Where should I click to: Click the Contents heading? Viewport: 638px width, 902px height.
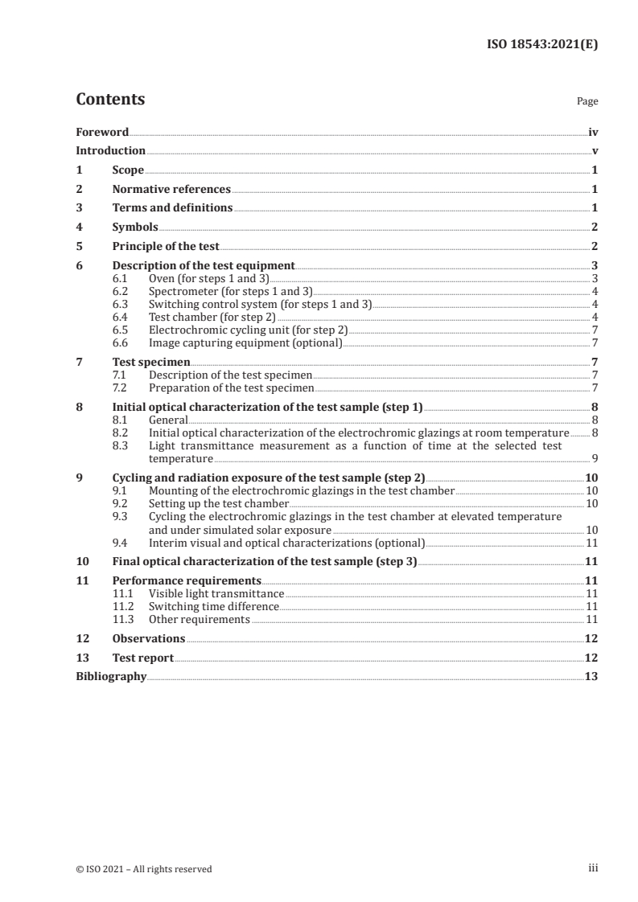pyautogui.click(x=110, y=100)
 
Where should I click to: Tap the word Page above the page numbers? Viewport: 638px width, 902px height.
pyautogui.click(x=587, y=102)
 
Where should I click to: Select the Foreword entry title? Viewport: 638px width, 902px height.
pyautogui.click(x=102, y=132)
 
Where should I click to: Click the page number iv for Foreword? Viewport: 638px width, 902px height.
pyautogui.click(x=593, y=132)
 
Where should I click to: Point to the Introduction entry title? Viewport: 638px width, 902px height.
pyautogui.click(x=110, y=151)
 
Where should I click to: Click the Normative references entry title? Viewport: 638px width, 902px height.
pyautogui.click(x=171, y=190)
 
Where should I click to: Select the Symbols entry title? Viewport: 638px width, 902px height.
pyautogui.click(x=135, y=228)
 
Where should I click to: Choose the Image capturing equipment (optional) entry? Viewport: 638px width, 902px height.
pyautogui.click(x=245, y=342)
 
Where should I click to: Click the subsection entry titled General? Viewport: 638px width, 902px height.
pyautogui.click(x=168, y=420)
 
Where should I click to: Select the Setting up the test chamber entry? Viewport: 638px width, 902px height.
pyautogui.click(x=219, y=503)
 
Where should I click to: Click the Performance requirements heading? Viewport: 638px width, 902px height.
pyautogui.click(x=187, y=580)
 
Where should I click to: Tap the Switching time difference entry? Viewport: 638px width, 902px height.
pyautogui.click(x=214, y=606)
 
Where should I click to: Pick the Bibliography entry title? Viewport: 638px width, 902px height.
pyautogui.click(x=111, y=677)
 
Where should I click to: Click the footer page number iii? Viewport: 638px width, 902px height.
pyautogui.click(x=594, y=868)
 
